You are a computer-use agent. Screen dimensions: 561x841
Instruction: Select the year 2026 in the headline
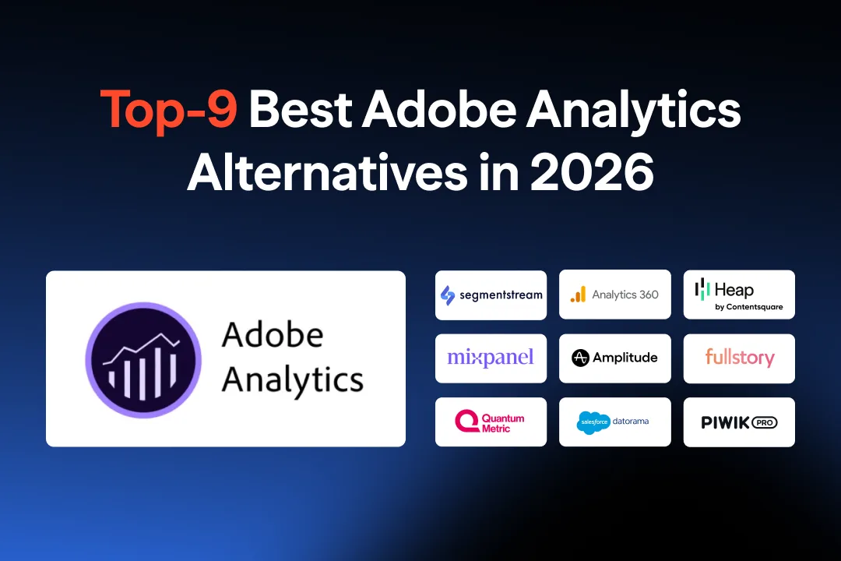click(x=592, y=172)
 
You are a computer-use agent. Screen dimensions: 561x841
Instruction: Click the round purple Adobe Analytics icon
click(x=143, y=358)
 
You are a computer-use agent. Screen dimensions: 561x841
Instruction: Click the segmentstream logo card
click(x=491, y=295)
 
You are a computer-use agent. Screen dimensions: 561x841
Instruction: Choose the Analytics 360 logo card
click(x=615, y=295)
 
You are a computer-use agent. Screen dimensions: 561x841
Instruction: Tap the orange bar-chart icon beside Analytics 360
click(x=578, y=295)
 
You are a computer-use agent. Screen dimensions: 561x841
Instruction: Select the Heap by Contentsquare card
click(x=739, y=295)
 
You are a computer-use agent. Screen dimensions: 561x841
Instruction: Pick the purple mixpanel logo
click(x=491, y=358)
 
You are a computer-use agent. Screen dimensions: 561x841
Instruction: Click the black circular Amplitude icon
click(x=580, y=358)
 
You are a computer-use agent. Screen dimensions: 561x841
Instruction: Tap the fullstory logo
click(x=739, y=358)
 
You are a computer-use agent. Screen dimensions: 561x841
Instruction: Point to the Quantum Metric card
click(x=491, y=422)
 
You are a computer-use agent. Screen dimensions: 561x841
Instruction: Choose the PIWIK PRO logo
click(x=739, y=422)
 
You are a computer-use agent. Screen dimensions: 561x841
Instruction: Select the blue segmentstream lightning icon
click(x=448, y=295)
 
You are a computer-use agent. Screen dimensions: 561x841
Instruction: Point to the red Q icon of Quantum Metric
click(x=466, y=422)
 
